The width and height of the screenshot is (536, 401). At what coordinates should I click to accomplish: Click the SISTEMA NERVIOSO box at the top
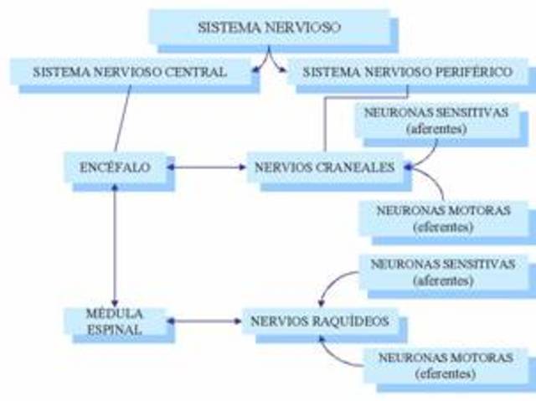(x=269, y=27)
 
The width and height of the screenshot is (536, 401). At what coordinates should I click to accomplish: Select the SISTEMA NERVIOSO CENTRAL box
(x=130, y=72)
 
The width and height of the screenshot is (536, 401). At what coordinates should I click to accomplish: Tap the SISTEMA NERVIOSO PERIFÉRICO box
(x=406, y=72)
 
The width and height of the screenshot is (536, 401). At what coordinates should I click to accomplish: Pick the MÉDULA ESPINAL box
(x=116, y=322)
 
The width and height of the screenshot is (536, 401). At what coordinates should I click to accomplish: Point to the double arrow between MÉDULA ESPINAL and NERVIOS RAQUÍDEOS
(x=204, y=321)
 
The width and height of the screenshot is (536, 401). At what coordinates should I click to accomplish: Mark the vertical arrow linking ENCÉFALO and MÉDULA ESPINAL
(x=114, y=243)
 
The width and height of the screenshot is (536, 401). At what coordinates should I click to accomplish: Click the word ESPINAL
(x=116, y=330)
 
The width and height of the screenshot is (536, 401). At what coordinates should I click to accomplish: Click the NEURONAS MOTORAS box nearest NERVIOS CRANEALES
(x=444, y=218)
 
